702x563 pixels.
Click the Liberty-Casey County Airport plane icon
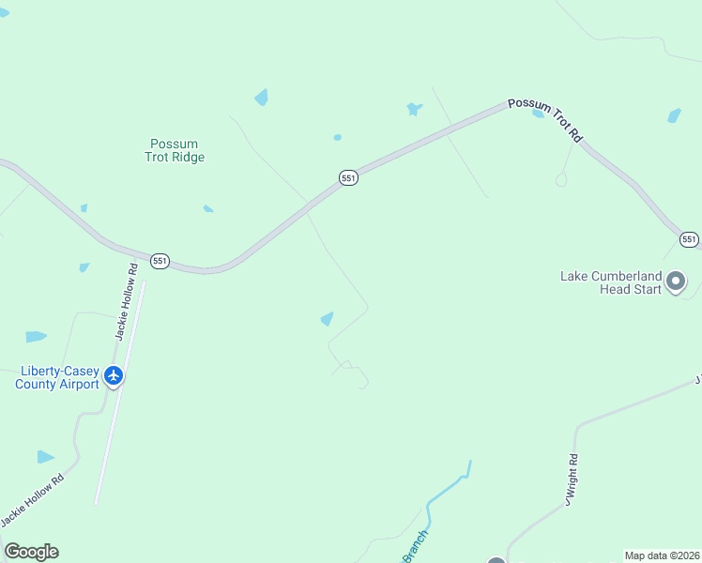(x=114, y=375)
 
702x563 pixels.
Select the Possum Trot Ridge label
(x=175, y=150)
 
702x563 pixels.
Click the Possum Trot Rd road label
(x=545, y=120)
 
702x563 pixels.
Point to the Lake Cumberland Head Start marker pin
(x=676, y=281)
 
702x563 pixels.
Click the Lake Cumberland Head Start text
(x=611, y=282)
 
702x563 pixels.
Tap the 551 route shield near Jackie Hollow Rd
(x=160, y=261)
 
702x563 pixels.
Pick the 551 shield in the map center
(x=348, y=178)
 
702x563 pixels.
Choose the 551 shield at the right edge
(x=690, y=239)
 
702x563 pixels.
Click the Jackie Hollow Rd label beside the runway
(x=127, y=300)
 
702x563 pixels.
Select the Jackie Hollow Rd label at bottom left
(x=32, y=500)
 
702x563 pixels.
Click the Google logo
(x=32, y=552)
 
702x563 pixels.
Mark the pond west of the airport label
(x=36, y=336)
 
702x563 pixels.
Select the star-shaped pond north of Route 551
(x=413, y=109)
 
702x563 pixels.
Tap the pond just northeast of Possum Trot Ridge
(x=261, y=97)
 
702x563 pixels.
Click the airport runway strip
(x=119, y=394)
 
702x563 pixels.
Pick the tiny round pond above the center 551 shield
(x=337, y=137)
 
